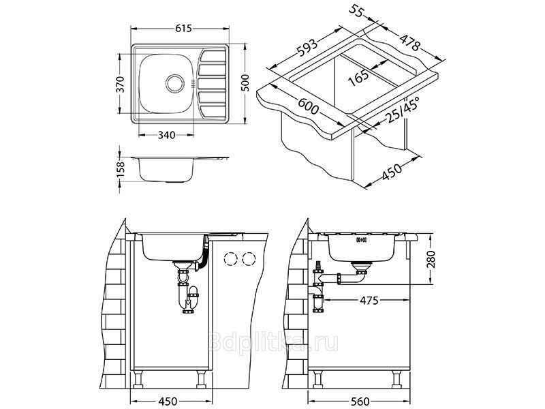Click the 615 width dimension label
pyautogui.click(x=183, y=28)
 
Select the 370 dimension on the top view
pyautogui.click(x=120, y=84)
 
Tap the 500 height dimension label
pyautogui.click(x=245, y=82)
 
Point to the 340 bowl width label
pyautogui.click(x=166, y=135)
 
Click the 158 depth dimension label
pyautogui.click(x=121, y=170)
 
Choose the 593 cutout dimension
pyautogui.click(x=307, y=48)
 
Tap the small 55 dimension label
pyautogui.click(x=356, y=12)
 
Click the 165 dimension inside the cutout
pyautogui.click(x=359, y=78)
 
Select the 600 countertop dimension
pyautogui.click(x=308, y=106)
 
